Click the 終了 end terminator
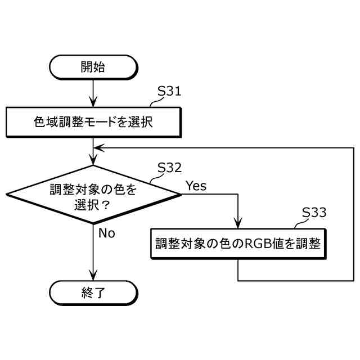[x=93, y=292]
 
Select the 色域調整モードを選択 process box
[x=93, y=121]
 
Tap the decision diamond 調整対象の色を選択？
[x=93, y=195]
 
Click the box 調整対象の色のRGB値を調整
[x=238, y=244]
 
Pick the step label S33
[x=314, y=212]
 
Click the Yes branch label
[x=196, y=186]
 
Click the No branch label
[x=106, y=233]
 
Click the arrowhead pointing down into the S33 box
[x=238, y=224]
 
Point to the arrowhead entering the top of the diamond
[x=93, y=161]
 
